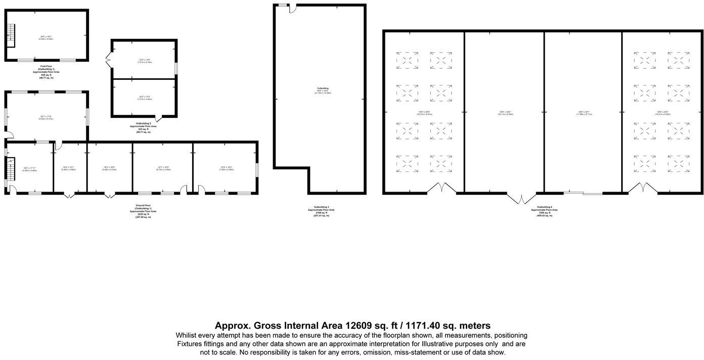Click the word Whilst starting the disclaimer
click(188, 335)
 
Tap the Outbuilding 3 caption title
click(321, 207)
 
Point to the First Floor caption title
click(47, 66)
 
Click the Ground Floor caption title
click(143, 206)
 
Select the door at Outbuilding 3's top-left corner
click(293, 9)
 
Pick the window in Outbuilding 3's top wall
click(282, 6)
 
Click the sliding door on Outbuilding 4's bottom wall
click(583, 193)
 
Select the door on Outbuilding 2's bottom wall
click(158, 119)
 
